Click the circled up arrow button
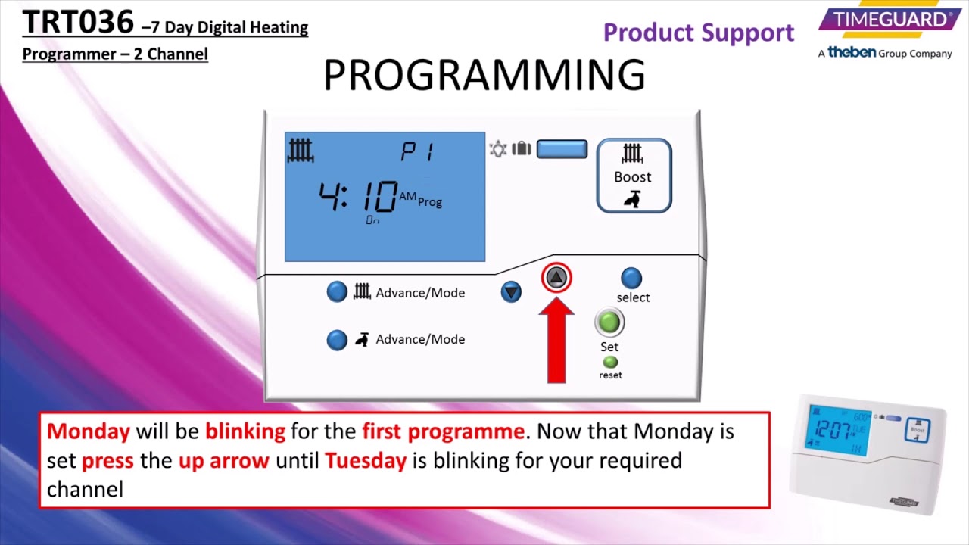(x=556, y=279)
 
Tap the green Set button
(x=609, y=322)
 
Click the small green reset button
(x=610, y=363)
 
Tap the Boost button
(x=634, y=176)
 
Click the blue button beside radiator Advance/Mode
(x=337, y=292)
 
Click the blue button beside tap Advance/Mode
(x=337, y=339)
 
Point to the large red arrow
(x=556, y=341)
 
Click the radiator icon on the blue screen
(x=301, y=151)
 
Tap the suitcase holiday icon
(x=522, y=149)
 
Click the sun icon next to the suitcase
(x=497, y=149)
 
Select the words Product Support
(x=698, y=33)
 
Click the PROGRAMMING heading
(x=484, y=75)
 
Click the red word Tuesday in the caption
(x=366, y=460)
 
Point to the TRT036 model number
(x=78, y=23)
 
